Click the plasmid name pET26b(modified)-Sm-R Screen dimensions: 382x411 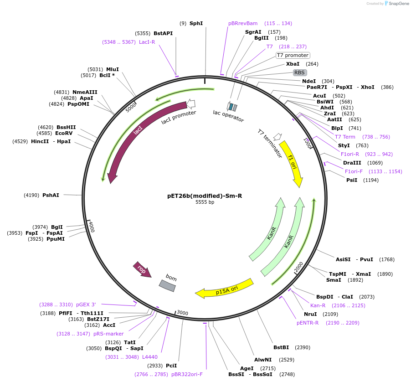pyautogui.click(x=205, y=196)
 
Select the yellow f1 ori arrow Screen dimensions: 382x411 pyautogui.click(x=291, y=163)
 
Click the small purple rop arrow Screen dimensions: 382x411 pyautogui.click(x=142, y=269)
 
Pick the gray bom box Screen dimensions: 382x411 pyautogui.click(x=167, y=285)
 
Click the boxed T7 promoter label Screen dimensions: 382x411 pyautogui.click(x=293, y=56)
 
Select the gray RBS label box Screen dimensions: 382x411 pyautogui.click(x=299, y=72)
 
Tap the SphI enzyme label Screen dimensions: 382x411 pyautogui.click(x=196, y=23)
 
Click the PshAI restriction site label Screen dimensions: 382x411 pyautogui.click(x=51, y=195)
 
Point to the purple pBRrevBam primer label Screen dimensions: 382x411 pyautogui.click(x=243, y=23)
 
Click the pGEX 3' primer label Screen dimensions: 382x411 pyautogui.click(x=87, y=305)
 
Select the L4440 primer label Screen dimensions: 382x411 pyautogui.click(x=150, y=357)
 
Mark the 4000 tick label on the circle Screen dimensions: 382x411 pyautogui.click(x=92, y=226)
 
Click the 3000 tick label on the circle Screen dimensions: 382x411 pyautogui.click(x=182, y=313)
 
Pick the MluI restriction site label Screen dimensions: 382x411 pyautogui.click(x=112, y=69)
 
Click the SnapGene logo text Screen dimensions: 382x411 pyautogui.click(x=396, y=4)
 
